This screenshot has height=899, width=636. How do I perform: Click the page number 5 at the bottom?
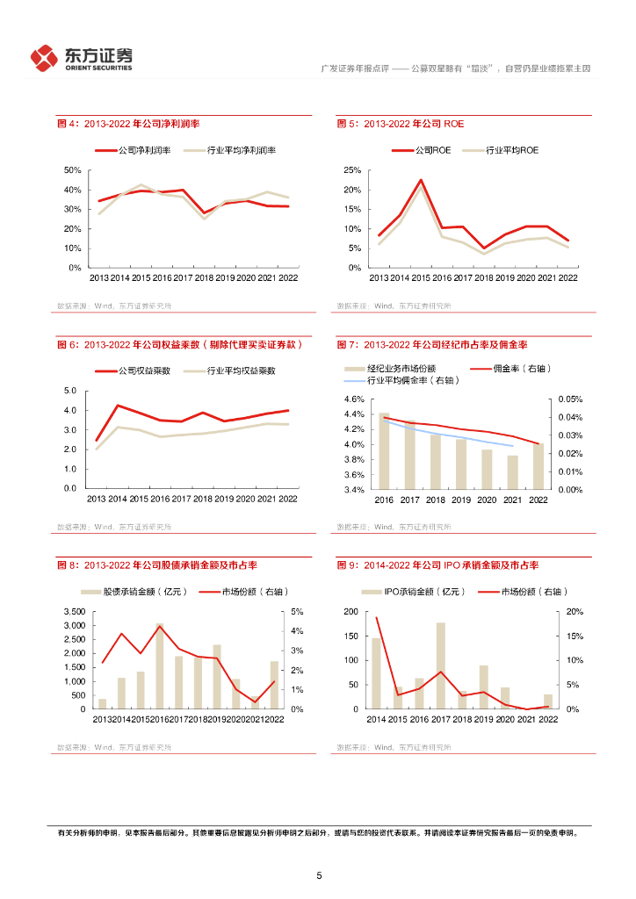[x=319, y=875]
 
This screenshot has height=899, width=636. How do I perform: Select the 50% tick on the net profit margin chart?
[x=73, y=170]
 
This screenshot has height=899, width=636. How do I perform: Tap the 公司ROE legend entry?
[x=420, y=150]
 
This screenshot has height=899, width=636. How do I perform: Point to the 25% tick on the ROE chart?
[x=352, y=170]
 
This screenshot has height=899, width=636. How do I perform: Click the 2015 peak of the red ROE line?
[x=421, y=181]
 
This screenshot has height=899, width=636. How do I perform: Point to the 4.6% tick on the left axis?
[x=353, y=399]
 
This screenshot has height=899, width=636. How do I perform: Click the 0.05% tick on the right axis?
[x=570, y=399]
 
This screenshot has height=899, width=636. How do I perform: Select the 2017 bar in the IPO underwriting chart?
[x=440, y=665]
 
